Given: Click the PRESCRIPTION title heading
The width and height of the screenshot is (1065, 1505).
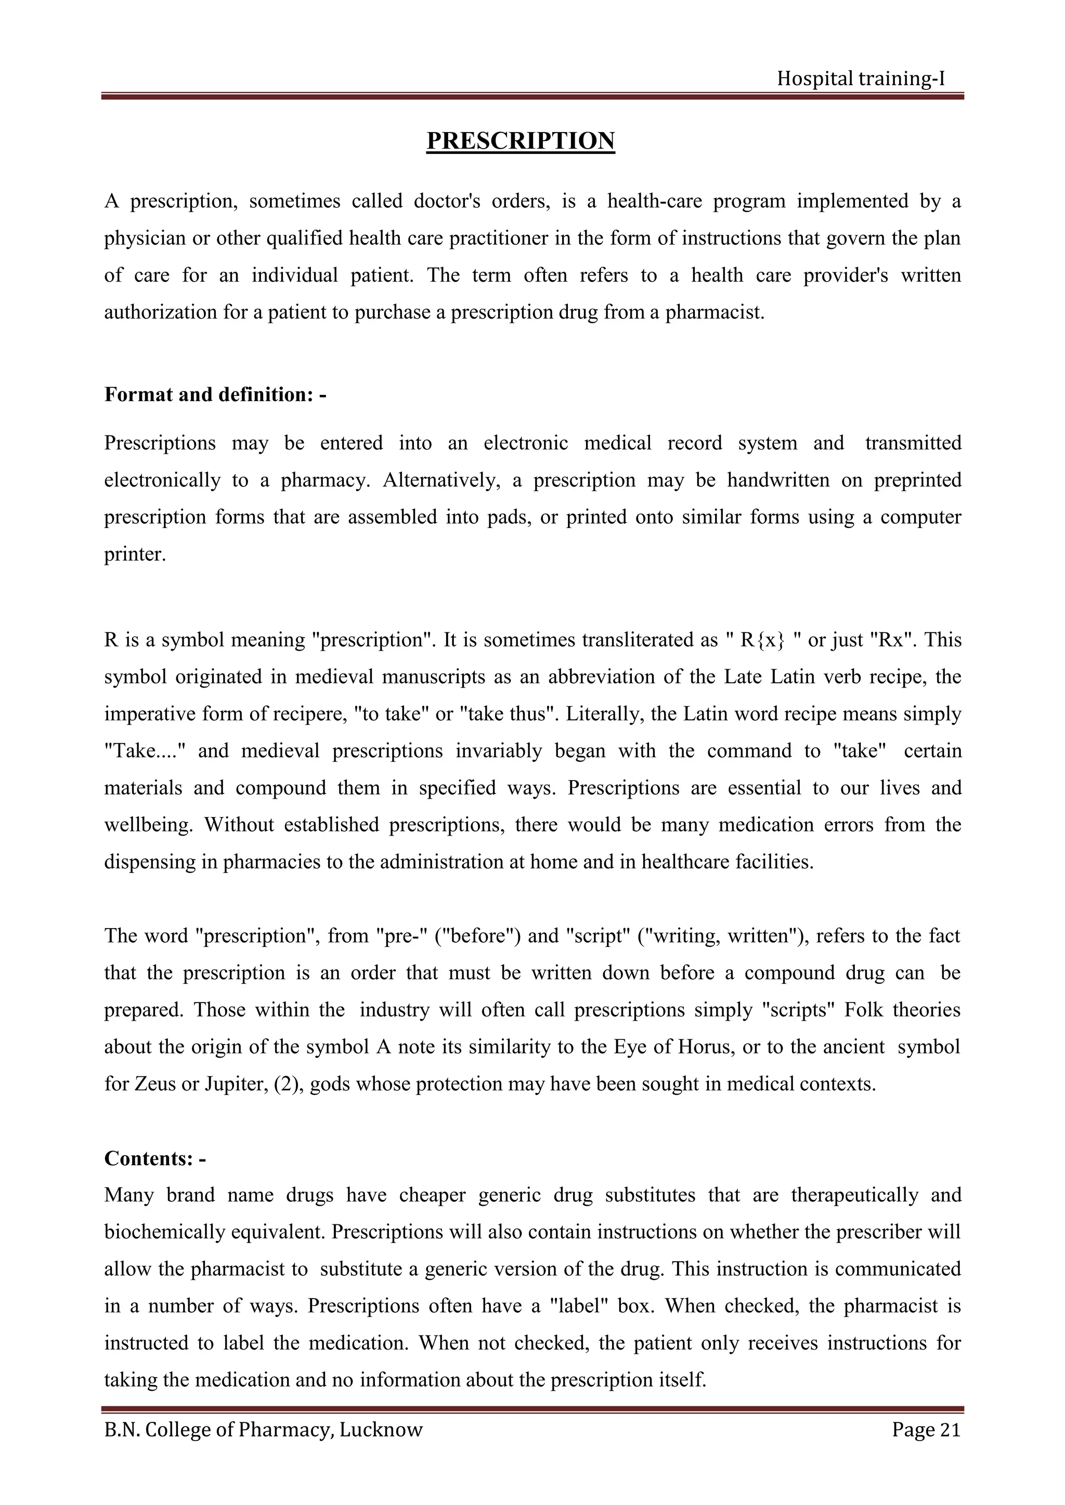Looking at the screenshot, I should (520, 141).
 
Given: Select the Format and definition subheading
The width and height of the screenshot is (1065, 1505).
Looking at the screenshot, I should (215, 394).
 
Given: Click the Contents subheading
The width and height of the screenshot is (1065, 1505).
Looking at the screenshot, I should (155, 1158).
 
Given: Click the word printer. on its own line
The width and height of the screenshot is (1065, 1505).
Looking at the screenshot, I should (135, 555).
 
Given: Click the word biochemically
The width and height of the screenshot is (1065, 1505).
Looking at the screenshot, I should (166, 1232).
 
